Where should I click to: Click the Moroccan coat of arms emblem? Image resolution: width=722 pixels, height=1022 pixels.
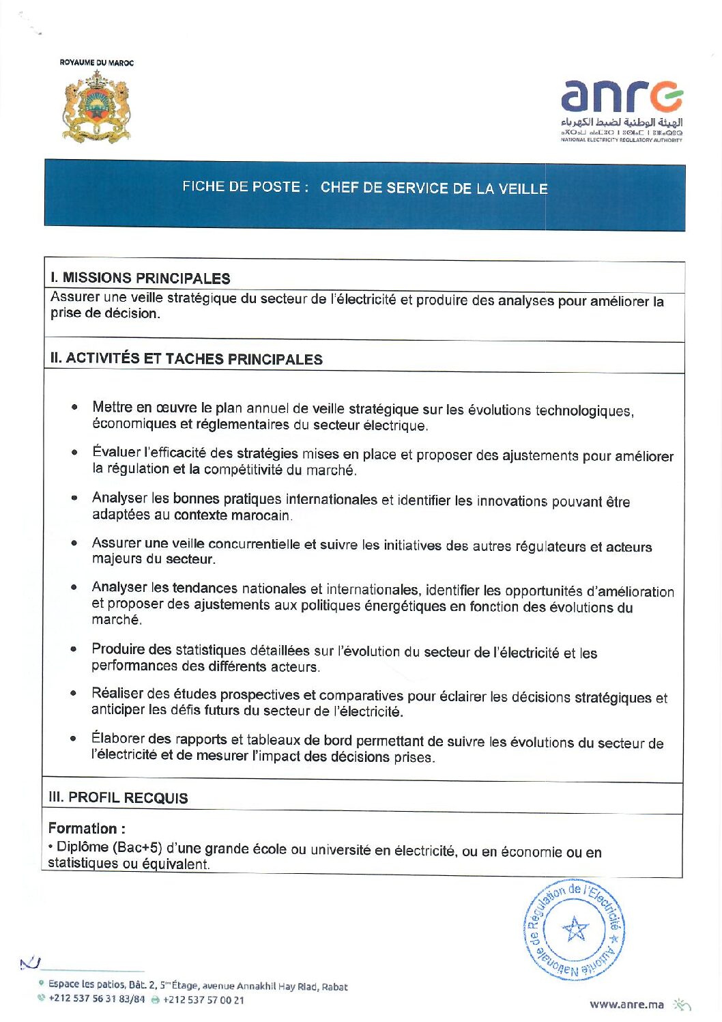pos(96,108)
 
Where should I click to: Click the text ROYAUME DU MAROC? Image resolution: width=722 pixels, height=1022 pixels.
pos(97,63)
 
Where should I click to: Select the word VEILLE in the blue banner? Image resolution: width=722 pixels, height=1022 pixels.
pos(523,188)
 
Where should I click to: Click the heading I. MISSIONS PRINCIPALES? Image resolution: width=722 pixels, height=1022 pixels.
pos(140,279)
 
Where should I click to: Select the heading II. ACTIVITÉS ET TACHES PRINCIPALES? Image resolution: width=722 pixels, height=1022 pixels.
pos(186,359)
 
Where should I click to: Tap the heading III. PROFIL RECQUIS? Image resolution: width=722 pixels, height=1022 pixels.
pos(118,798)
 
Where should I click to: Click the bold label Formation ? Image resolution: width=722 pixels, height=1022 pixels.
pos(87,829)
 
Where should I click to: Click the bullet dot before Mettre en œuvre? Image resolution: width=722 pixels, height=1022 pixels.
pos(74,408)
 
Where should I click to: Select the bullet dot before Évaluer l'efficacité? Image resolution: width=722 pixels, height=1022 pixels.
pos(74,453)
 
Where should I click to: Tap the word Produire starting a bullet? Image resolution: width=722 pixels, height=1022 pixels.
pos(119,649)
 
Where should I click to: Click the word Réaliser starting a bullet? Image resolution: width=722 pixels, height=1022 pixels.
pos(117,694)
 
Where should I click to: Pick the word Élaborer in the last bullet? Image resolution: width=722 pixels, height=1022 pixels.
pos(118,738)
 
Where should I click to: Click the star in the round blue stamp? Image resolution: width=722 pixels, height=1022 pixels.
pos(575,929)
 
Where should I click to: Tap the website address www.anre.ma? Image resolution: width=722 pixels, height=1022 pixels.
pos(626,1004)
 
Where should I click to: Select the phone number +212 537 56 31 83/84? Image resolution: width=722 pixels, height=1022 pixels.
pos(97,999)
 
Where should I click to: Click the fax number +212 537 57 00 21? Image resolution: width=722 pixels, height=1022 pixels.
pos(203,1000)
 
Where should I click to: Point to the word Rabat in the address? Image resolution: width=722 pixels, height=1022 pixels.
pos(334,987)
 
